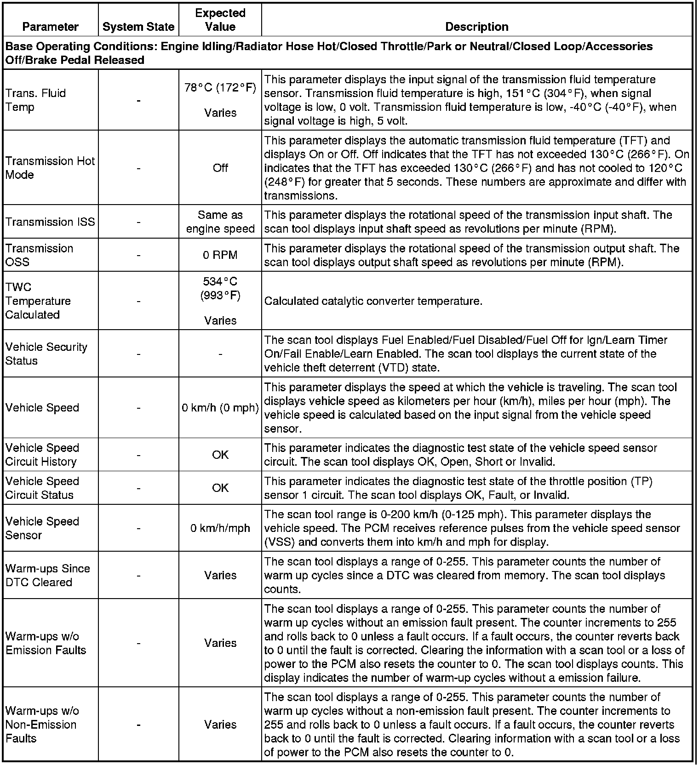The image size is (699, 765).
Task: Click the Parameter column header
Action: [x=50, y=27]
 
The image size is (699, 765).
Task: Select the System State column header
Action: [x=138, y=27]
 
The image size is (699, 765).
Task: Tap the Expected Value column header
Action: [x=220, y=20]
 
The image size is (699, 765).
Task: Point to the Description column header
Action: [x=477, y=27]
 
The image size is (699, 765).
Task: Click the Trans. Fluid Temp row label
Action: [x=35, y=100]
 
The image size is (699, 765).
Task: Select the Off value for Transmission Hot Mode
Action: [x=220, y=168]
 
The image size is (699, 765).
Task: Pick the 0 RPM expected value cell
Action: [x=220, y=255]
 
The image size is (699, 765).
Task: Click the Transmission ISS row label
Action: [x=50, y=222]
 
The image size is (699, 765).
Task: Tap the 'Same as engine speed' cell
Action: [x=220, y=222]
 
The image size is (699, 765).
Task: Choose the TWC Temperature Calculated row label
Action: [x=38, y=301]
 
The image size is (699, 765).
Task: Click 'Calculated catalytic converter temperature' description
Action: [x=373, y=301]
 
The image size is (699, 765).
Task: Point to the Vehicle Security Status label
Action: [x=46, y=354]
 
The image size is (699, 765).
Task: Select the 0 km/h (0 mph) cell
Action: [x=220, y=408]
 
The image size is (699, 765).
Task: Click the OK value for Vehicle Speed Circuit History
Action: [x=220, y=455]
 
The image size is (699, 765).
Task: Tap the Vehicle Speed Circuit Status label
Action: [x=42, y=488]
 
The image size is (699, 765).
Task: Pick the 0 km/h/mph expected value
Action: [x=220, y=528]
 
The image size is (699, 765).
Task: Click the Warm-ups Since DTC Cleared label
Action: [x=47, y=575]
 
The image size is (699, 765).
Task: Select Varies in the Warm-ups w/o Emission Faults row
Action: [x=220, y=643]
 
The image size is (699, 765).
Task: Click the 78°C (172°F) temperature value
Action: [x=220, y=88]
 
